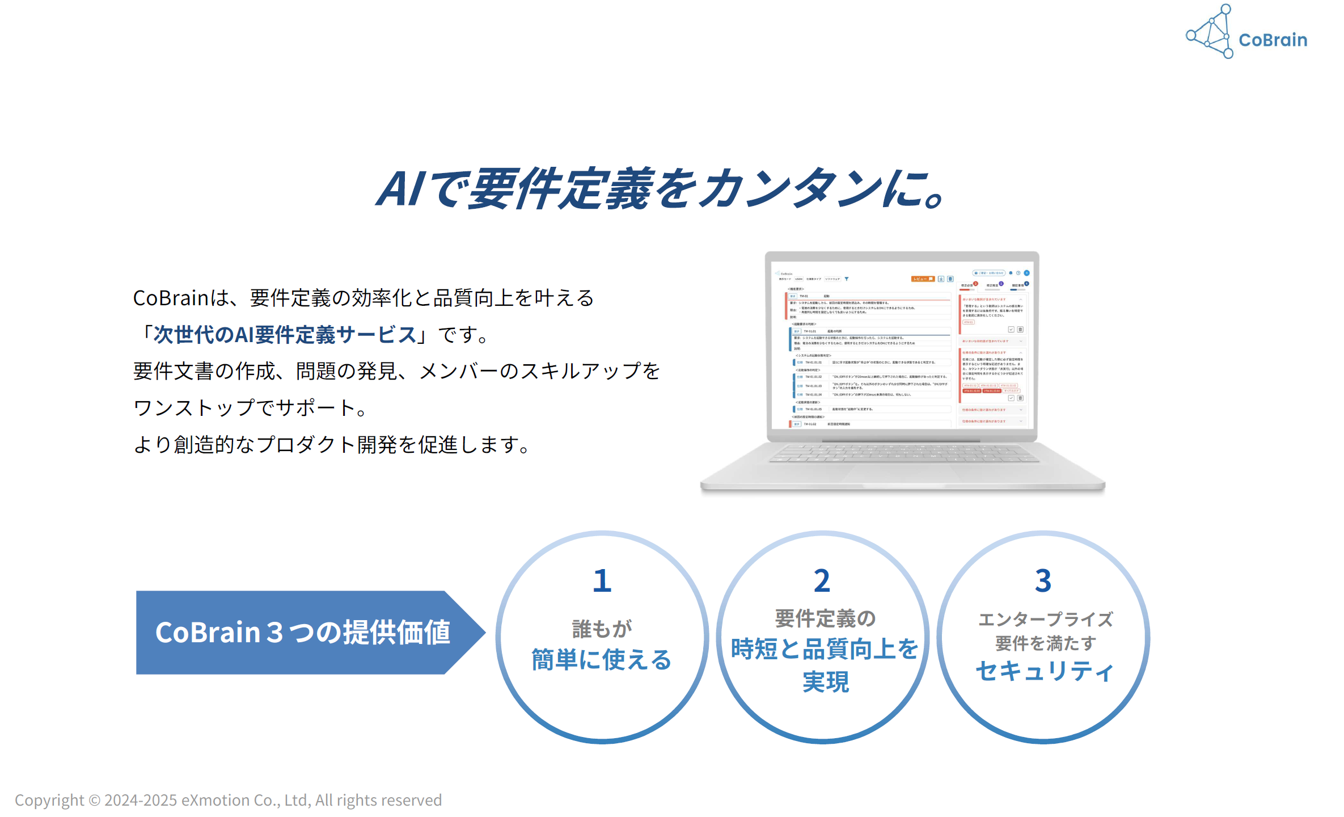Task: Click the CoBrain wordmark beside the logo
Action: click(x=1273, y=40)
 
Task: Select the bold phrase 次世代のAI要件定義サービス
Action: click(x=285, y=335)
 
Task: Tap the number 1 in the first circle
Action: click(x=602, y=581)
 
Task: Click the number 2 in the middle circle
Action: click(x=822, y=581)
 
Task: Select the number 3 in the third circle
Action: click(x=1043, y=581)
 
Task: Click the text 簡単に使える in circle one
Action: click(x=601, y=660)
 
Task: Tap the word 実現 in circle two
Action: click(x=825, y=681)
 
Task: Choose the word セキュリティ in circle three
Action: click(x=1045, y=671)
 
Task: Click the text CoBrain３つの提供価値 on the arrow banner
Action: click(x=303, y=632)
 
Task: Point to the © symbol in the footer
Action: click(x=94, y=801)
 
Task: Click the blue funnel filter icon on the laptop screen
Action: click(x=847, y=279)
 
